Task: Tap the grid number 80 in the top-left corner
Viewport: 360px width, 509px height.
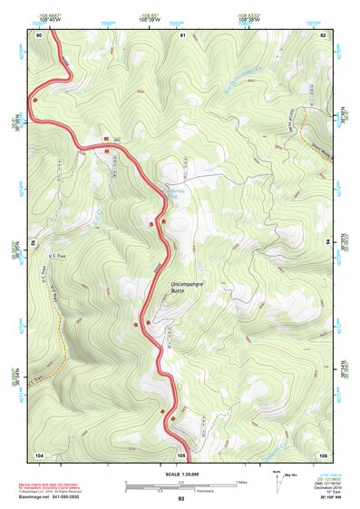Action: [x=39, y=34]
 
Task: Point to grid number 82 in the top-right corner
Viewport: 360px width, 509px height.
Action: [x=322, y=34]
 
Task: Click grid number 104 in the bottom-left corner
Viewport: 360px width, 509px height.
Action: [x=39, y=454]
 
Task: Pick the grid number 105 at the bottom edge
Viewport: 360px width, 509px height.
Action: [x=181, y=454]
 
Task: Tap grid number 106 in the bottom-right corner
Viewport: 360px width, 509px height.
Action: [x=322, y=454]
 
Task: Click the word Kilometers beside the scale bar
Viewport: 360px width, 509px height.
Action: [x=219, y=490]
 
